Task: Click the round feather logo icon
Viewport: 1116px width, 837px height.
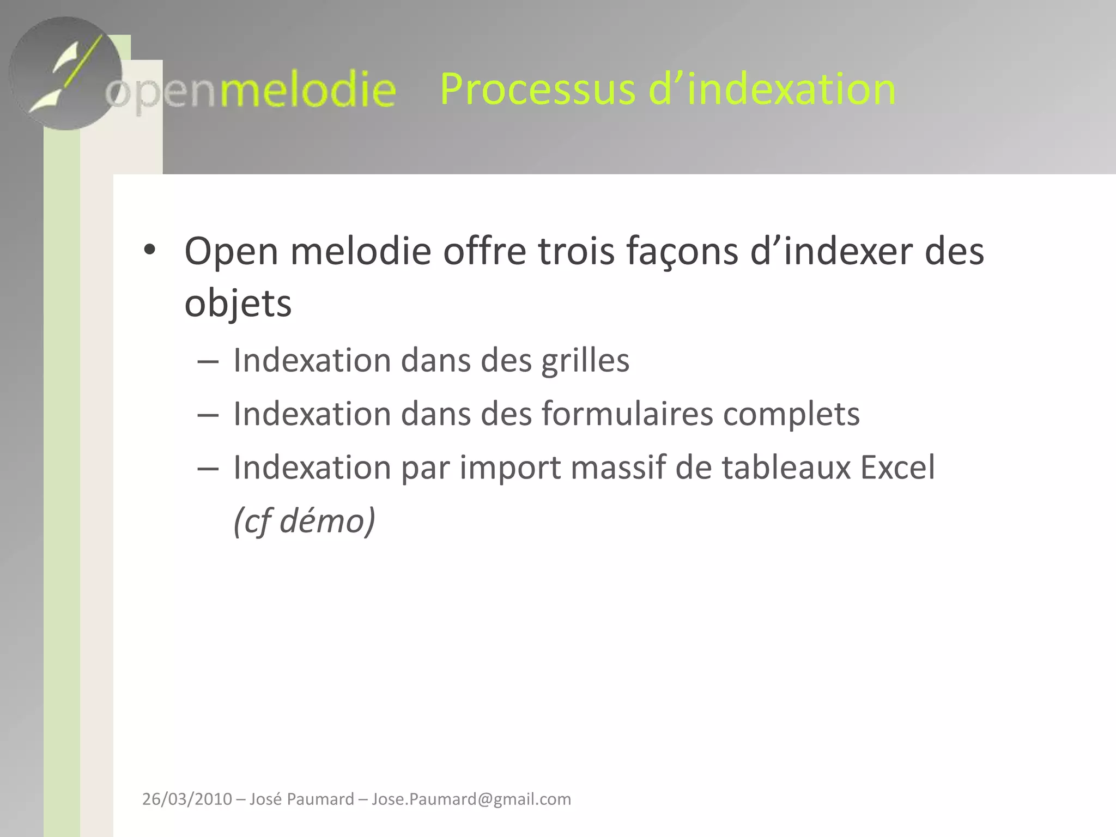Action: point(65,74)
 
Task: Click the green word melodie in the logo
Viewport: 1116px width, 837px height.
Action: point(307,90)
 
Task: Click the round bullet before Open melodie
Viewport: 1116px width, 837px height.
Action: point(150,250)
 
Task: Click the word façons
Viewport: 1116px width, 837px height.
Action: point(682,252)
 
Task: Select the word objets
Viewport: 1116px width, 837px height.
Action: point(238,304)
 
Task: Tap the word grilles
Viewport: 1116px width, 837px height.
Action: point(585,361)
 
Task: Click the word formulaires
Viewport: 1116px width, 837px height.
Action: point(627,414)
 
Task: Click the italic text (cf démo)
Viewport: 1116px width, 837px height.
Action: point(304,521)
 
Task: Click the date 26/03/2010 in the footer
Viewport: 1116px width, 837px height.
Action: point(187,799)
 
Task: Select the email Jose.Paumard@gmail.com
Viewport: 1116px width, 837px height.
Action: point(471,799)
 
